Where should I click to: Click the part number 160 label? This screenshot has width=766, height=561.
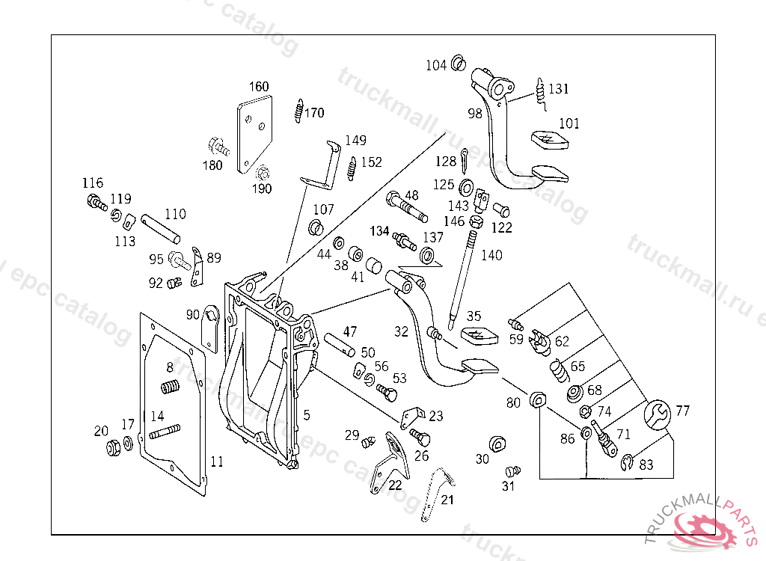tap(259, 87)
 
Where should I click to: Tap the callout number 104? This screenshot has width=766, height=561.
tap(436, 66)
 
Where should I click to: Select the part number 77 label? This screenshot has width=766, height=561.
tap(683, 411)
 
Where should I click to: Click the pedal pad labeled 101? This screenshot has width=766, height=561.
tap(549, 140)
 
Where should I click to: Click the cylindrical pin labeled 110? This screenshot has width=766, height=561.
tap(161, 227)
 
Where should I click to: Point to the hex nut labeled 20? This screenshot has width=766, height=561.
tap(114, 449)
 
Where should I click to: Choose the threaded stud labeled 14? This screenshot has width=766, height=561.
tap(165, 432)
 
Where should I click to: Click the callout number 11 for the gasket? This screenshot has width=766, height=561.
tap(216, 462)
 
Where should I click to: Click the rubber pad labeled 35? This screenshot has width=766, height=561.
tap(478, 336)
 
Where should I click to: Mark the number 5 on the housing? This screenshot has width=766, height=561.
tap(306, 414)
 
